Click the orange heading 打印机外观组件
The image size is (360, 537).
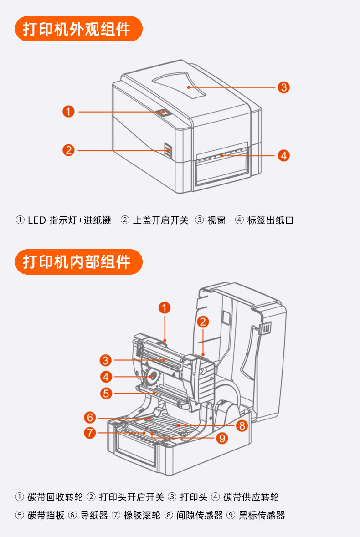coord(77,29)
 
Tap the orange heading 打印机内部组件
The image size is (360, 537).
coord(77,262)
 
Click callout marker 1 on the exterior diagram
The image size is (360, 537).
coord(68,111)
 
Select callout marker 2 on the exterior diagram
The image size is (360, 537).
coord(68,150)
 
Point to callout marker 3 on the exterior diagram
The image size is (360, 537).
coord(284,87)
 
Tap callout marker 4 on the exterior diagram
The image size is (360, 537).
coord(284,155)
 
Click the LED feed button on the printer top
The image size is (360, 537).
coord(163,112)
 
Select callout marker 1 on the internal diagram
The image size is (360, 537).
coord(165,307)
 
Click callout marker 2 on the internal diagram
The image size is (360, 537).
coord(203,322)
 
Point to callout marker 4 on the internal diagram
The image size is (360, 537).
coord(106,377)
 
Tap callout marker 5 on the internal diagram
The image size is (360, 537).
coord(106,393)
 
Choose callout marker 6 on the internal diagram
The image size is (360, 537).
coord(90,417)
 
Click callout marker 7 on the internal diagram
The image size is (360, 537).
coord(90,432)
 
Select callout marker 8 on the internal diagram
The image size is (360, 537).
coord(241,426)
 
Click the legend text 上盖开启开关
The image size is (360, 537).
coord(160,220)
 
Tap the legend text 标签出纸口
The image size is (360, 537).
coord(270,220)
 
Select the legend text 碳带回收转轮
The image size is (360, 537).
coord(55,497)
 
